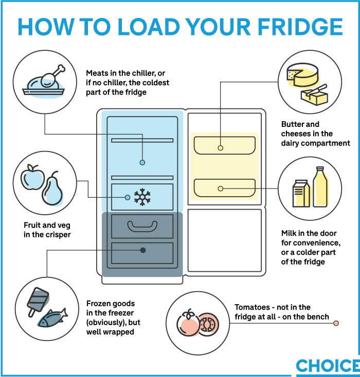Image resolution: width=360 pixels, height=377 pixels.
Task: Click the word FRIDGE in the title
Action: pyautogui.click(x=300, y=27)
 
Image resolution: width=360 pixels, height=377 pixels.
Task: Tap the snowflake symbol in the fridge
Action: pyautogui.click(x=142, y=197)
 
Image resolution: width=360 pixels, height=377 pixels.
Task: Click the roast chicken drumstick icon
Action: pyautogui.click(x=44, y=82)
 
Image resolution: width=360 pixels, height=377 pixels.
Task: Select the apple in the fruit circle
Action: pyautogui.click(x=32, y=177)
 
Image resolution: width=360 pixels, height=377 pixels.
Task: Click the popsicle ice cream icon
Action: pyautogui.click(x=38, y=301)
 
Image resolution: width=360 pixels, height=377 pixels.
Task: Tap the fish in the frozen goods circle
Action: pyautogui.click(x=52, y=318)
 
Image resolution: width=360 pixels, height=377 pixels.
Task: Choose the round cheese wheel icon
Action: pyautogui.click(x=302, y=75)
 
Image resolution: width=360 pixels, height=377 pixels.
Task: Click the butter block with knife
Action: pyautogui.click(x=315, y=95)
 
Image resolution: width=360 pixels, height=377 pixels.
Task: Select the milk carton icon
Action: pyautogui.click(x=301, y=194)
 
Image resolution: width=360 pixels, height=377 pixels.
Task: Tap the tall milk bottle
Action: pyautogui.click(x=320, y=187)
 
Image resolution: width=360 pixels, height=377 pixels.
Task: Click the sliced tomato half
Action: pyautogui.click(x=209, y=325)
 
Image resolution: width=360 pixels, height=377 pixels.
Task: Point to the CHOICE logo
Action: pyautogui.click(x=328, y=366)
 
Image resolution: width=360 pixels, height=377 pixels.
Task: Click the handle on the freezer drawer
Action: pyautogui.click(x=142, y=227)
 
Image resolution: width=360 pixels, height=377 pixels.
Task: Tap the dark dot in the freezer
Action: pyautogui.click(x=143, y=250)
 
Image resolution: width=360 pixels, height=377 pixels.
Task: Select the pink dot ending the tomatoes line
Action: pyautogui.click(x=336, y=323)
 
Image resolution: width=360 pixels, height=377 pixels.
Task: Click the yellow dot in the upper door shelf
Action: pyautogui.click(x=220, y=148)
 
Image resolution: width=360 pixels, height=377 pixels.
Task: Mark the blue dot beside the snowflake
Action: pyautogui.click(x=128, y=197)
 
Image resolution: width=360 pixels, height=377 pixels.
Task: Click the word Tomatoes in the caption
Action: pyautogui.click(x=253, y=307)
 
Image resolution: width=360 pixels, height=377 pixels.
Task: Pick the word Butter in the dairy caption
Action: pyautogui.click(x=293, y=124)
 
